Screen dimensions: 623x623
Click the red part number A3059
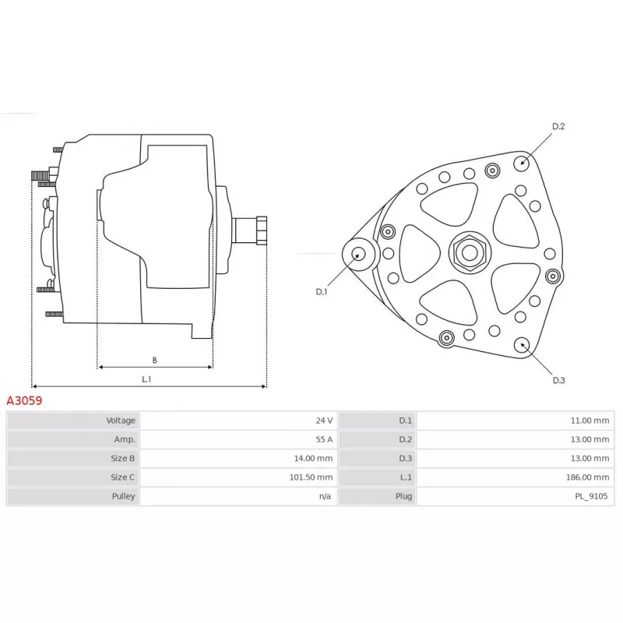click(x=24, y=400)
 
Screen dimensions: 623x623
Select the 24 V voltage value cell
click(x=324, y=421)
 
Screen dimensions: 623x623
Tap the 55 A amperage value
click(x=324, y=439)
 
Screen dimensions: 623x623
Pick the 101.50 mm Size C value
click(x=311, y=477)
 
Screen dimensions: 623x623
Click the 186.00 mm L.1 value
click(x=587, y=477)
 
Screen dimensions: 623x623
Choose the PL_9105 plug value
click(x=591, y=496)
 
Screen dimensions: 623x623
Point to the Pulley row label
click(x=123, y=496)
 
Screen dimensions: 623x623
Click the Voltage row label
click(x=121, y=421)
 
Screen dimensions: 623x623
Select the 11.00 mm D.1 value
click(x=590, y=421)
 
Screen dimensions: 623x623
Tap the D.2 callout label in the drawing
click(x=558, y=126)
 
